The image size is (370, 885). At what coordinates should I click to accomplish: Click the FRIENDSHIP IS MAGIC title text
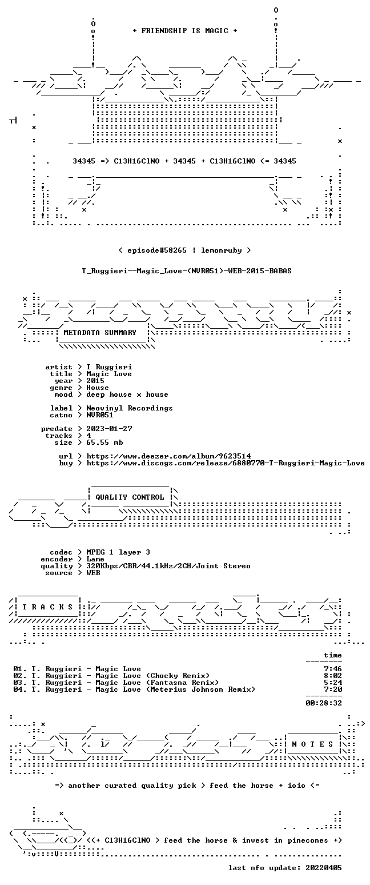(x=185, y=31)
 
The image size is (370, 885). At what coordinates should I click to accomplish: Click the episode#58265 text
(x=157, y=250)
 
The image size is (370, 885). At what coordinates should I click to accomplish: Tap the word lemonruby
(x=222, y=250)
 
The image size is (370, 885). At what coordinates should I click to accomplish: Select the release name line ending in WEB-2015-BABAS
(x=187, y=271)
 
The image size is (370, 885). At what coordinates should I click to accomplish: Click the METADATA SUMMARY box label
(x=100, y=333)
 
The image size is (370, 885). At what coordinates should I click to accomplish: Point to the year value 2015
(x=95, y=381)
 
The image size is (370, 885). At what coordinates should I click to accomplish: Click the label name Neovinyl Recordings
(x=130, y=408)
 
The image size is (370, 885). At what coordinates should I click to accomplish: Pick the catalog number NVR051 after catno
(x=100, y=415)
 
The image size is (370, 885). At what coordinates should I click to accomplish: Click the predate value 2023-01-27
(x=109, y=429)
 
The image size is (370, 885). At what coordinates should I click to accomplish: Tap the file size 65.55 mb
(x=104, y=442)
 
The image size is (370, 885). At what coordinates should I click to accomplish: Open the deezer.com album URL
(x=168, y=456)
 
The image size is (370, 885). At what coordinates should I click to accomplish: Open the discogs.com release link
(x=225, y=463)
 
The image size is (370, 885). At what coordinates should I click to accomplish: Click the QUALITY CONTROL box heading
(x=130, y=497)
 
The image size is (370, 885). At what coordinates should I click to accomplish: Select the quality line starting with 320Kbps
(x=168, y=566)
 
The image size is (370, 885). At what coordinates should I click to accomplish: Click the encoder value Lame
(x=95, y=560)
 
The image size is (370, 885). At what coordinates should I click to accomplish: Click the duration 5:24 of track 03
(x=333, y=683)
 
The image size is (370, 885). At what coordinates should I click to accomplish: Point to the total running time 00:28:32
(x=324, y=703)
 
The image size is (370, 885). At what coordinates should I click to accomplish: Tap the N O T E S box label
(x=312, y=744)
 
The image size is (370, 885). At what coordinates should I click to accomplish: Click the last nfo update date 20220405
(x=324, y=868)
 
